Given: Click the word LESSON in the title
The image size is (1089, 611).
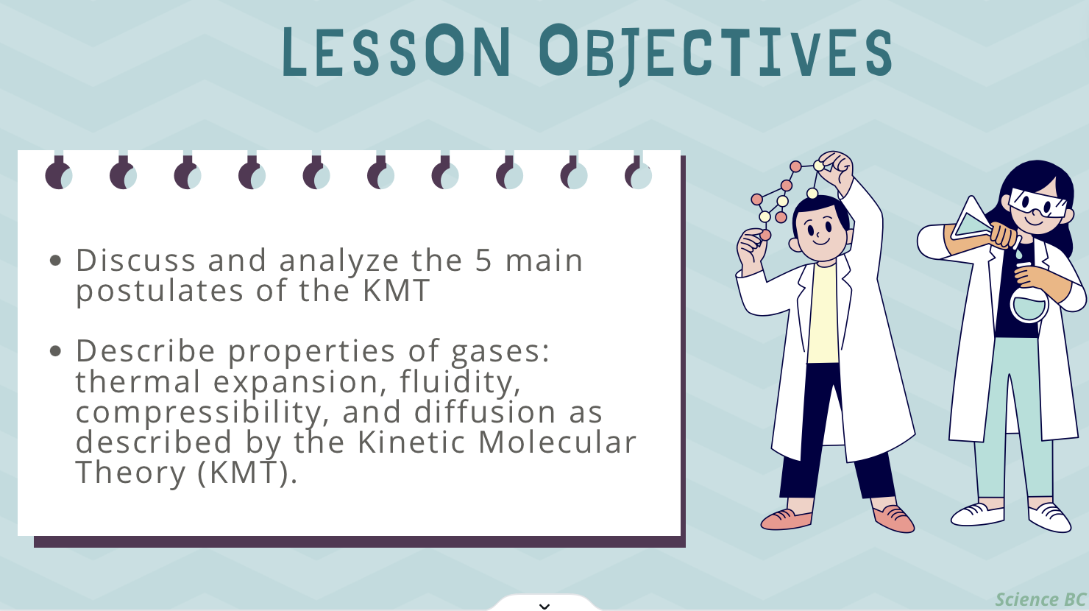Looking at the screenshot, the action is [x=396, y=51].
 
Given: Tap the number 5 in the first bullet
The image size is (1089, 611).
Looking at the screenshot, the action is [x=483, y=261].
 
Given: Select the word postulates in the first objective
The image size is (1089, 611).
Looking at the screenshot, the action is [x=160, y=292].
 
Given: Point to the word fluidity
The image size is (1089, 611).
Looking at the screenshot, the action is [x=460, y=382].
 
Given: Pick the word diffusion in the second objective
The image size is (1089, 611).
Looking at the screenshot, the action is [x=485, y=412].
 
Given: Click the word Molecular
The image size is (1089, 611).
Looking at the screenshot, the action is [x=557, y=442].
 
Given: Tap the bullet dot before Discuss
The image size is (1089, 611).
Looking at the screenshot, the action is [x=55, y=261].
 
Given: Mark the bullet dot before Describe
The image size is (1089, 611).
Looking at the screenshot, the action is [x=55, y=350].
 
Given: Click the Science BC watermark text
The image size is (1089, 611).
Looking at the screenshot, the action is [x=1041, y=600].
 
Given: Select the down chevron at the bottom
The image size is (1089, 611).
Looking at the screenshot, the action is [x=544, y=606].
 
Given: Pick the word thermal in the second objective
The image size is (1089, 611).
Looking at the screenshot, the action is [x=138, y=382].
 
